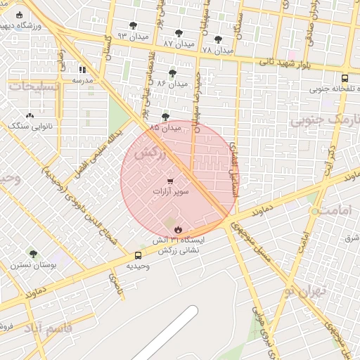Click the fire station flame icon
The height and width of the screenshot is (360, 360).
179,230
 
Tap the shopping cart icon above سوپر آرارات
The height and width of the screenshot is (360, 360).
167,181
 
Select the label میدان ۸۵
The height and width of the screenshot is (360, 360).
165,127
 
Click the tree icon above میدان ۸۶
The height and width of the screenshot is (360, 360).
172,72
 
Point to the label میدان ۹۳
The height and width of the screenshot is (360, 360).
112,35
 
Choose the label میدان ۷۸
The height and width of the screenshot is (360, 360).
217,50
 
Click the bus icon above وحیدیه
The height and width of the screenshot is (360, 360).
138,255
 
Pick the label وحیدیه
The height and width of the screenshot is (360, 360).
138,266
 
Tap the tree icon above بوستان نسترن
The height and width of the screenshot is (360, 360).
33,254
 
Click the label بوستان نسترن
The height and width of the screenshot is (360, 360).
29,266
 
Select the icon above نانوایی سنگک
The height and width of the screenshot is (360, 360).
29,116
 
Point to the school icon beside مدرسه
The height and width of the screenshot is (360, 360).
83,70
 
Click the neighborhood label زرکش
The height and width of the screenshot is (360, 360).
149,153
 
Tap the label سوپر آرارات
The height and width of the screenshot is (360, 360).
167,191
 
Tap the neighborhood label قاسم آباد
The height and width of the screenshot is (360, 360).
44,328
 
